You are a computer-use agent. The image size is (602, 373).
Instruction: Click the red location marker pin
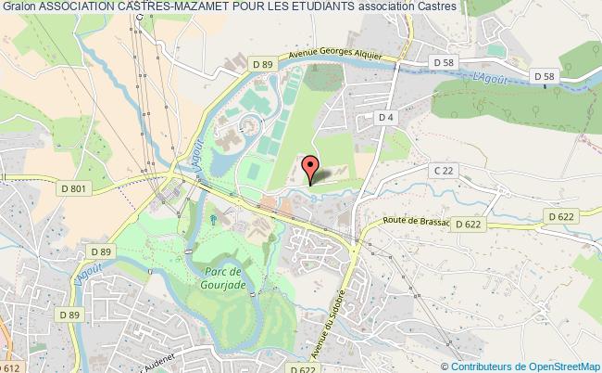(312, 166)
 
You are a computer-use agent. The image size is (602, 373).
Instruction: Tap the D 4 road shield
(386, 117)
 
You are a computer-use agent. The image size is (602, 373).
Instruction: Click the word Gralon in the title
(19, 7)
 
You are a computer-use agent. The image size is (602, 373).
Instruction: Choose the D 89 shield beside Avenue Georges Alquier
(263, 62)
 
